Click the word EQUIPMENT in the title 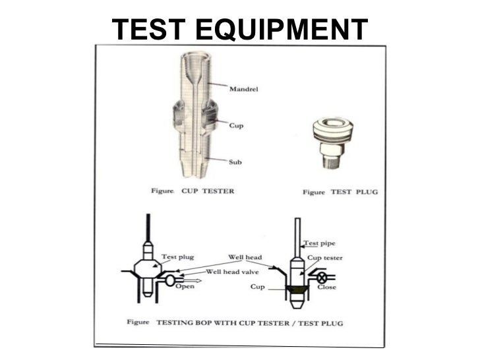tap(282, 30)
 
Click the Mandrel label tap(244, 89)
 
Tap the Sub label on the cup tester tap(235, 162)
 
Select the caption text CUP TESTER tap(208, 191)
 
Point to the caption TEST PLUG tap(354, 192)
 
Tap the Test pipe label tap(319, 243)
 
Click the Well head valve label tap(232, 272)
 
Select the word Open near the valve tap(185, 286)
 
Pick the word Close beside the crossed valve tap(326, 287)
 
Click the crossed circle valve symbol tap(322, 278)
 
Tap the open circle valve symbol tap(170, 280)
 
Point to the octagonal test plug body tap(148, 269)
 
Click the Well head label tap(245, 257)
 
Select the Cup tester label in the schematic tap(325, 258)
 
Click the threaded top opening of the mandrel tap(196, 57)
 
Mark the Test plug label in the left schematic tap(178, 257)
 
